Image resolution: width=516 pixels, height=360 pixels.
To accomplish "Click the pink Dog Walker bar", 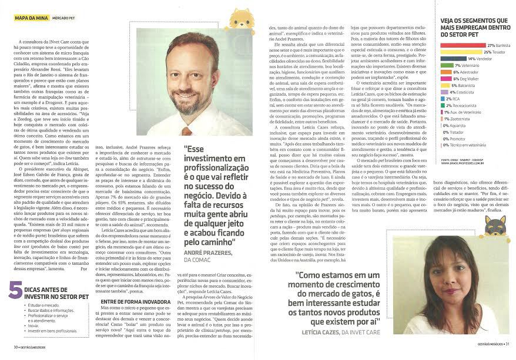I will (x=445, y=79).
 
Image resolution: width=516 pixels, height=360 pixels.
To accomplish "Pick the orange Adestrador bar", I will (x=445, y=72).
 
